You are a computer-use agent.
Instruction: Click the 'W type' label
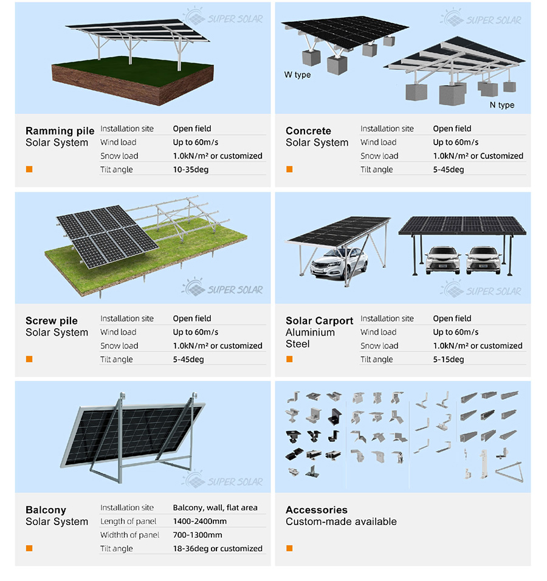tap(297, 75)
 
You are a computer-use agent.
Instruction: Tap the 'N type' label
tap(502, 105)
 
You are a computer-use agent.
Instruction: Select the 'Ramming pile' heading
tap(60, 131)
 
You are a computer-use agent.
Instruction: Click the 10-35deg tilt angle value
tap(190, 170)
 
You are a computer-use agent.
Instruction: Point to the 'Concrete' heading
tap(308, 131)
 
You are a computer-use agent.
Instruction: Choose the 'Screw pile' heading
tap(52, 320)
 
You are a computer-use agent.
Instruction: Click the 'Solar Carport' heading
tap(320, 320)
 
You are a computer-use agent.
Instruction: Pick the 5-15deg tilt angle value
tap(449, 359)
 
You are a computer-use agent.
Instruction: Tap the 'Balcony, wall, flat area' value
tap(215, 507)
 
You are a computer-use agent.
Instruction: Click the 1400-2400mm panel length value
tap(200, 521)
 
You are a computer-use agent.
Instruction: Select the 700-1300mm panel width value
tap(198, 535)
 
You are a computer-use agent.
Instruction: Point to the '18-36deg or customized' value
tap(218, 549)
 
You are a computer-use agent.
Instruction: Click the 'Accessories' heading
tap(317, 510)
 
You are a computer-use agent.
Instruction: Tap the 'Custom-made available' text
tap(341, 521)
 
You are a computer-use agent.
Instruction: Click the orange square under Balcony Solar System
tap(29, 548)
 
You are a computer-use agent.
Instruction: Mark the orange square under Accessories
tap(289, 548)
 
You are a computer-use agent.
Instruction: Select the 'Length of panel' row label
tap(128, 521)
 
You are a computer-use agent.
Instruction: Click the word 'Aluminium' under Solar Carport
tap(310, 332)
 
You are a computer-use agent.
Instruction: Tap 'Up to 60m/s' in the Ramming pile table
tap(195, 142)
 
